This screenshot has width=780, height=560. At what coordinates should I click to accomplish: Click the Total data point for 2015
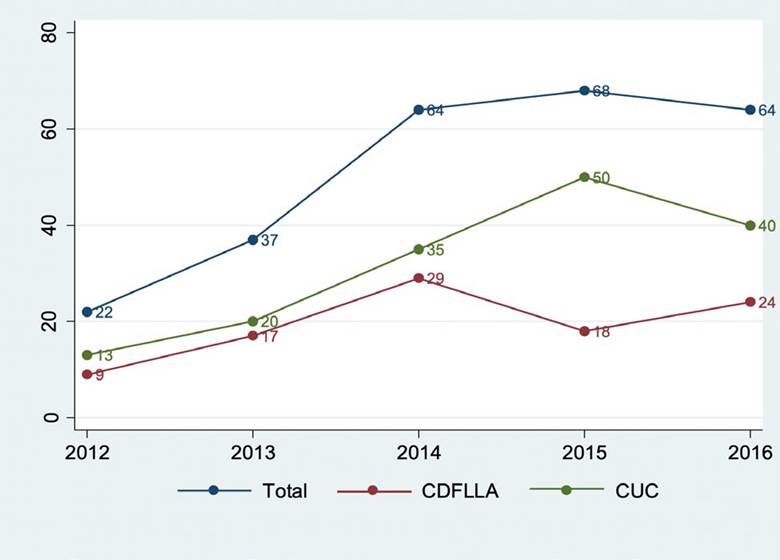click(x=584, y=91)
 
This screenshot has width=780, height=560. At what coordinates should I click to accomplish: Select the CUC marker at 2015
click(x=584, y=177)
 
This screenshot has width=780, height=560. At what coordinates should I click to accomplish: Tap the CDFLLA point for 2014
click(x=418, y=278)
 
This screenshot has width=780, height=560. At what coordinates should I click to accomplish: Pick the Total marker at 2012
click(x=87, y=312)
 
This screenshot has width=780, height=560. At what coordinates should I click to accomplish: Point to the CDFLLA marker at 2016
click(x=750, y=302)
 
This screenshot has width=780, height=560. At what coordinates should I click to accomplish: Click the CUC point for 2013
click(x=252, y=322)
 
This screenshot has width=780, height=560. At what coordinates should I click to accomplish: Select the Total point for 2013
click(x=252, y=240)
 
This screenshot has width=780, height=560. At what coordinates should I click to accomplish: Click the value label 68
click(x=601, y=92)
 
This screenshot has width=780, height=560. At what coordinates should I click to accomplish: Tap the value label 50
click(x=601, y=178)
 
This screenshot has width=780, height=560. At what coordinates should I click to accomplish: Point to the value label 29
click(x=435, y=279)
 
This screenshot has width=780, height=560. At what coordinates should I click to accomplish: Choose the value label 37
click(x=269, y=241)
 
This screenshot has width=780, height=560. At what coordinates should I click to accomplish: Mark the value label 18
click(x=601, y=332)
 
